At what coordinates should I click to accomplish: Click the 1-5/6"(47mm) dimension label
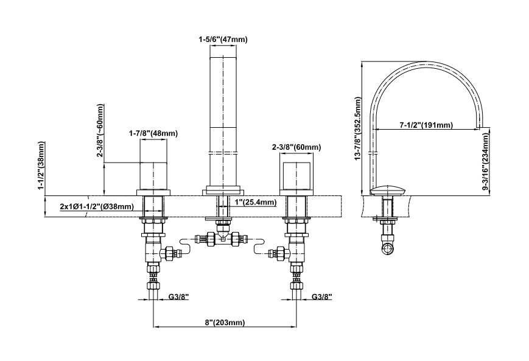[223, 40]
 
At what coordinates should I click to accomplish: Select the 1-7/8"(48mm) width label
[153, 133]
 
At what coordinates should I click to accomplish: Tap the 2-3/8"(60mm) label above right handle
[296, 147]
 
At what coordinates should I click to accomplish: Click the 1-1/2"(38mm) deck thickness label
[41, 166]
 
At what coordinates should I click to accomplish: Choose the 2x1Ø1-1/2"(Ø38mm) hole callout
[97, 206]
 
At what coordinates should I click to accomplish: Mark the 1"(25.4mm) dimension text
[256, 203]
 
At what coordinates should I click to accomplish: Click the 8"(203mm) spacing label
[225, 322]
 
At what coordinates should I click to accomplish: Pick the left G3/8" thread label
[179, 296]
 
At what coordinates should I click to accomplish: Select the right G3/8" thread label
[322, 296]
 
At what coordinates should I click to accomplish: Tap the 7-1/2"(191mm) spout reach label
[427, 125]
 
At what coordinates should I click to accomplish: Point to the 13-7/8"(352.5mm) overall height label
[358, 128]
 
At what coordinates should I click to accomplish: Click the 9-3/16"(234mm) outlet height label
[485, 161]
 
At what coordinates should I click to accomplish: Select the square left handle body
[153, 175]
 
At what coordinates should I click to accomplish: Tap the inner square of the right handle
[296, 175]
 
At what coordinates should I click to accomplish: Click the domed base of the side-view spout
[387, 191]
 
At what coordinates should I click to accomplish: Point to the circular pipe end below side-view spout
[388, 249]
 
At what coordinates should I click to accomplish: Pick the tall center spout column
[223, 122]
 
